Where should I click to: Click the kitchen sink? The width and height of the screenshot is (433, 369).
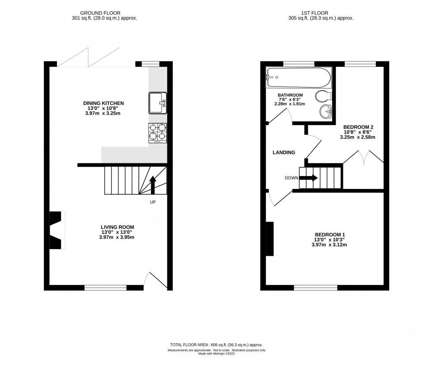pyautogui.click(x=158, y=103)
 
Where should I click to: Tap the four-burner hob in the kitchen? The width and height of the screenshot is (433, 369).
pyautogui.click(x=158, y=133)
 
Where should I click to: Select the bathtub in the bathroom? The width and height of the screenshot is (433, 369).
pyautogui.click(x=298, y=77)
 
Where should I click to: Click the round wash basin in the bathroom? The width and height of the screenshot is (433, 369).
pyautogui.click(x=326, y=112)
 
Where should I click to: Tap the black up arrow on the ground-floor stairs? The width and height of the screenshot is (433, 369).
pyautogui.click(x=153, y=185)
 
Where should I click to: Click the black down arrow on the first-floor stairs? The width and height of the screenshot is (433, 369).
pyautogui.click(x=308, y=177)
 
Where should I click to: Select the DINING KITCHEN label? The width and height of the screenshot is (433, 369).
pyautogui.click(x=103, y=103)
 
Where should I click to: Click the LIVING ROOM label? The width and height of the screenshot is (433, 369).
pyautogui.click(x=118, y=227)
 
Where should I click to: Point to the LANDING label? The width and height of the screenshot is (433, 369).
pyautogui.click(x=284, y=152)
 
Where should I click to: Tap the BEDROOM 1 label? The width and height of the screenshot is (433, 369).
pyautogui.click(x=330, y=234)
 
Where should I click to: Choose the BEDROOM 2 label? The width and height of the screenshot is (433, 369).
pyautogui.click(x=358, y=127)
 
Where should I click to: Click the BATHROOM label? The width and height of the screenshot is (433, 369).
pyautogui.click(x=290, y=95)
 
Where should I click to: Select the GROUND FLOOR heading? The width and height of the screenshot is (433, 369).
pyautogui.click(x=100, y=13)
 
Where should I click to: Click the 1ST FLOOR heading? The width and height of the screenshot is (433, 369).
pyautogui.click(x=315, y=13)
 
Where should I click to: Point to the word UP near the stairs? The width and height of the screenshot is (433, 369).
pyautogui.click(x=153, y=202)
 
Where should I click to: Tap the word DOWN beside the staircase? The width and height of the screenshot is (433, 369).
pyautogui.click(x=292, y=178)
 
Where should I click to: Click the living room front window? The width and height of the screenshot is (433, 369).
pyautogui.click(x=106, y=288)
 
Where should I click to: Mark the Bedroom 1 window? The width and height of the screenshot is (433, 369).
pyautogui.click(x=315, y=288)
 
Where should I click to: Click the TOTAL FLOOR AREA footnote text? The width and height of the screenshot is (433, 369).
pyautogui.click(x=216, y=345)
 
